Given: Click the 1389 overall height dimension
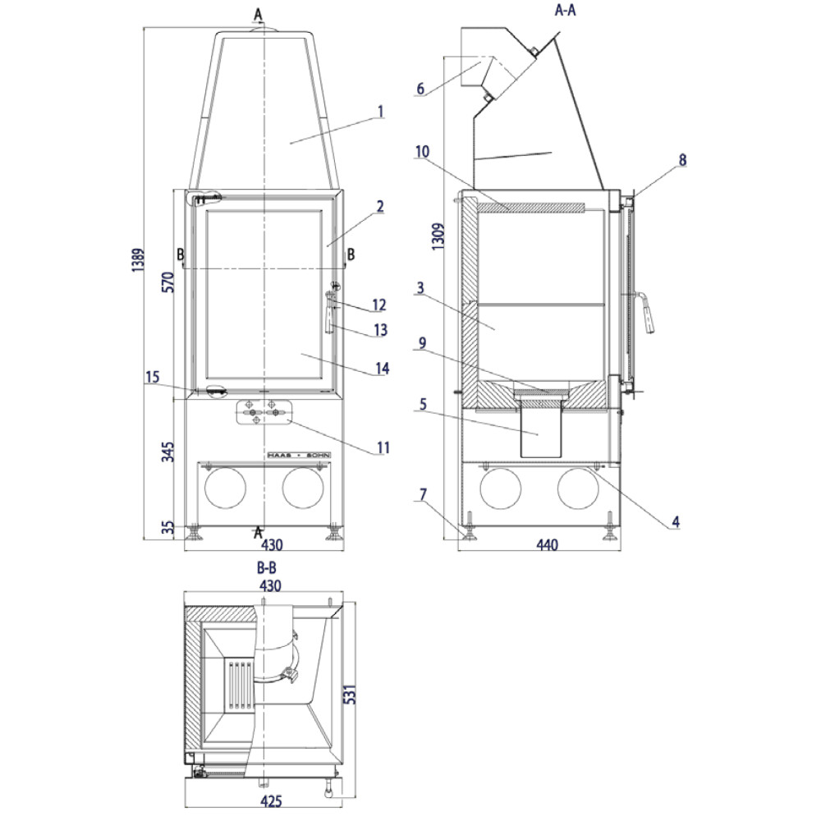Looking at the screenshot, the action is tap(138, 260).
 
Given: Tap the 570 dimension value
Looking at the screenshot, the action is tap(167, 282).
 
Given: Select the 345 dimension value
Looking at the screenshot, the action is tap(167, 452).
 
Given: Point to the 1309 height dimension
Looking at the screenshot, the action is tap(438, 236).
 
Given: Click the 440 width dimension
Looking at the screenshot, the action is tap(547, 545).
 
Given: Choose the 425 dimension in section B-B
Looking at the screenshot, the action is tap(271, 800).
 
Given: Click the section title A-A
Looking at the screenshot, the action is tap(565, 10).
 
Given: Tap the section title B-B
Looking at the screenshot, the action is tap(267, 567).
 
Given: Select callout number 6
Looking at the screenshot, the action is tap(420, 89).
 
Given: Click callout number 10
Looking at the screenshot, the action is tap(422, 152).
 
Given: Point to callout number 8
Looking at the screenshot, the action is tap(682, 160).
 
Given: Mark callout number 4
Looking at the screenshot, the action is tap(676, 521).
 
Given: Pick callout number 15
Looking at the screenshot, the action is tap(153, 377).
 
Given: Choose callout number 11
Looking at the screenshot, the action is tap(383, 447).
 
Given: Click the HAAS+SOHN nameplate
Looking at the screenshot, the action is tap(299, 456).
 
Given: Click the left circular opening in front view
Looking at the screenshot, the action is tap(225, 488).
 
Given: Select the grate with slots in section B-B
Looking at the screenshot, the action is tap(239, 686).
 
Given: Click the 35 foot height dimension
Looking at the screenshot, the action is tap(167, 528).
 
